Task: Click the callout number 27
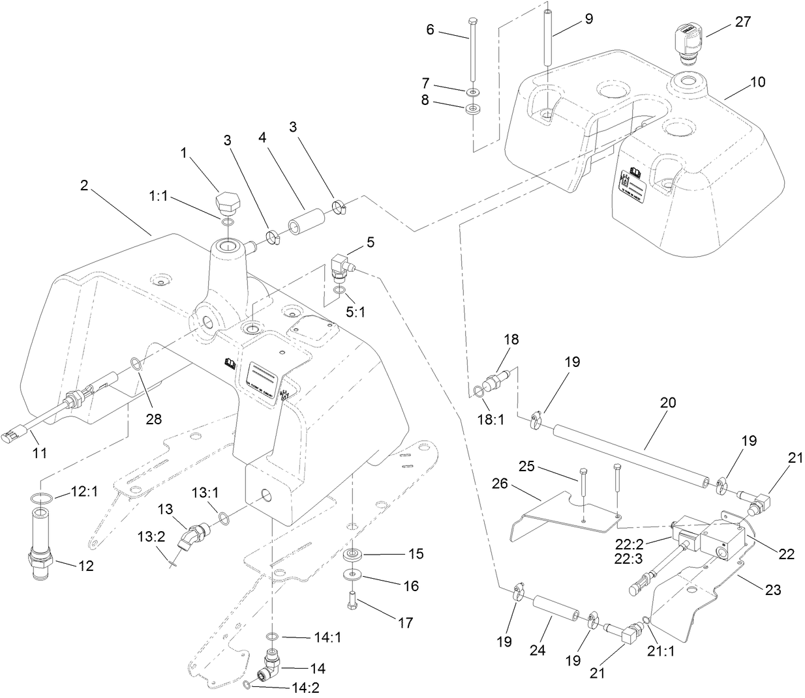click(x=742, y=22)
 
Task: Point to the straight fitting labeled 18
click(x=494, y=380)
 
